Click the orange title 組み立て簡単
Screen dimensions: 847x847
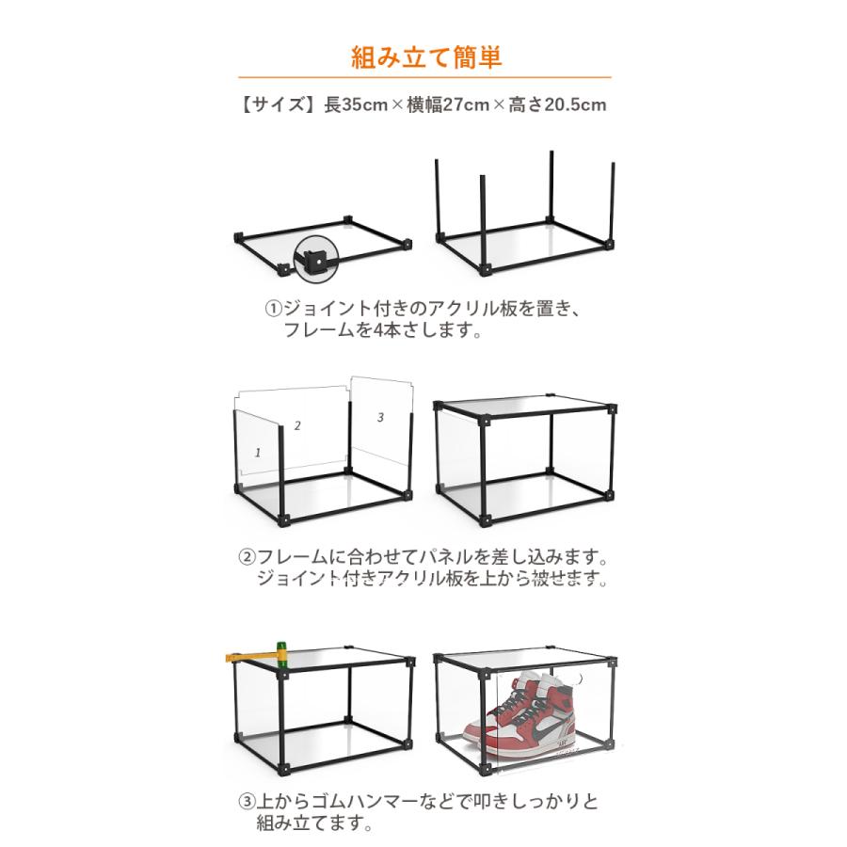coord(426,56)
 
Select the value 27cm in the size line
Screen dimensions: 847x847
coord(466,104)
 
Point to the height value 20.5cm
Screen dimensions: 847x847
coord(575,104)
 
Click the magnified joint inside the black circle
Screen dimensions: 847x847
coord(315,260)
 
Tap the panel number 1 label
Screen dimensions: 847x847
coord(258,453)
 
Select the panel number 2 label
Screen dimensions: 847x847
coord(297,425)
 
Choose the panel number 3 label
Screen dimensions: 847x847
coord(380,417)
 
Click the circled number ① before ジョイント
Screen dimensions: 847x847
coord(274,309)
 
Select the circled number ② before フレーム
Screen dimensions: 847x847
coord(247,556)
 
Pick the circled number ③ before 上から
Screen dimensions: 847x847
coord(247,801)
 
